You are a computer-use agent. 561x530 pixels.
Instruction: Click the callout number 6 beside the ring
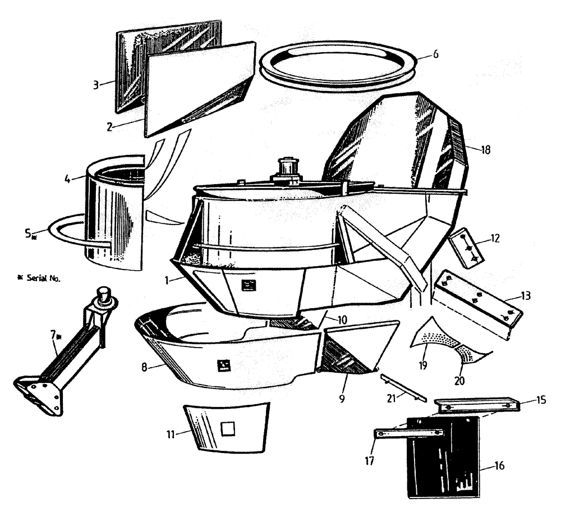click(x=435, y=55)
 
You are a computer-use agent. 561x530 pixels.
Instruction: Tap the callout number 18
click(x=486, y=150)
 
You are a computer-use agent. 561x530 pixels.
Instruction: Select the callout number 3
click(x=96, y=85)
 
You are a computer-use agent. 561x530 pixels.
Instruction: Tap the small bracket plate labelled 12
click(x=466, y=246)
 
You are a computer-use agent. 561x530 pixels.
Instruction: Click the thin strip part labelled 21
click(x=401, y=386)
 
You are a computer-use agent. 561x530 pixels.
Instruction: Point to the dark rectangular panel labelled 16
click(x=443, y=458)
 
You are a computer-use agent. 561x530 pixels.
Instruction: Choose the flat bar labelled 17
click(x=408, y=433)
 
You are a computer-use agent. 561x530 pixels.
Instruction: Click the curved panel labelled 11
click(x=227, y=427)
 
